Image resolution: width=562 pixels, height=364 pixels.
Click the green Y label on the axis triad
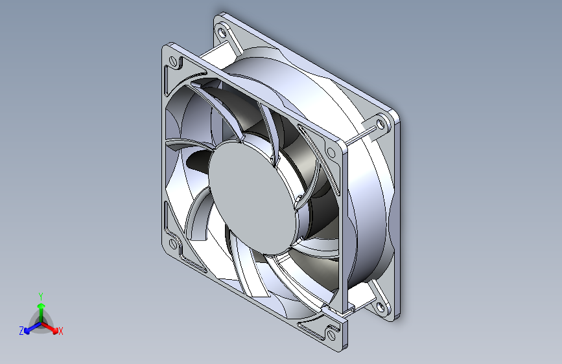(x=41, y=297)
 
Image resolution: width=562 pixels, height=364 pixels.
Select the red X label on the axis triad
(x=60, y=332)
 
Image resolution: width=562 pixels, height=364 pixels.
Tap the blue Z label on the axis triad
(x=21, y=331)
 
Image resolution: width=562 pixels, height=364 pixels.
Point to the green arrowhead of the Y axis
(x=41, y=306)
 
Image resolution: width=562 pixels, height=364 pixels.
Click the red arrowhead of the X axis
(x=54, y=330)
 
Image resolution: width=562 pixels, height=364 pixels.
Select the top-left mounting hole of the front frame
(x=173, y=60)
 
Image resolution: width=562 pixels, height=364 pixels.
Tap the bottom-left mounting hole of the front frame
(x=173, y=244)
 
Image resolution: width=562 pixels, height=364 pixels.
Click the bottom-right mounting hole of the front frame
(x=331, y=336)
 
